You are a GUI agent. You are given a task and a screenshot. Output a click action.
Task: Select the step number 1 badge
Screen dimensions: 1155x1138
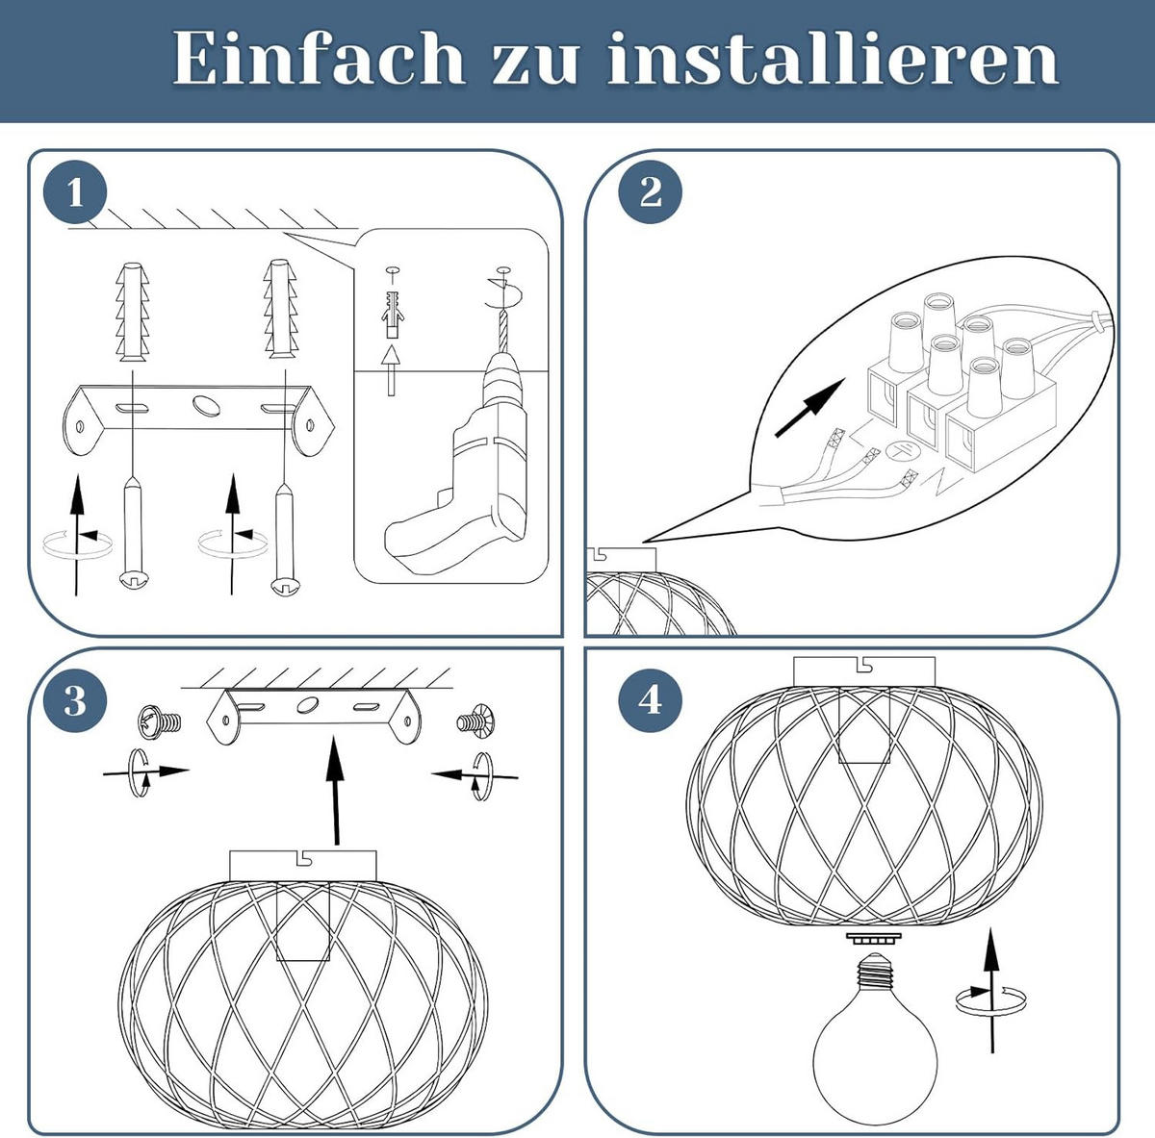click(x=75, y=193)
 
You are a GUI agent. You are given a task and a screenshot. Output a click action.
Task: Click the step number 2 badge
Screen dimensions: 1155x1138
click(x=651, y=193)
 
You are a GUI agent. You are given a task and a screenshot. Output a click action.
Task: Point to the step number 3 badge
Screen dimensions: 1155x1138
click(x=75, y=700)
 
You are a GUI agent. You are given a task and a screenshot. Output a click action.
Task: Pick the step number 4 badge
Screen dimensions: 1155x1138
click(x=651, y=700)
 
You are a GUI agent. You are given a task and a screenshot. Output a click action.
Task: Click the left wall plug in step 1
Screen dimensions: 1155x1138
click(x=132, y=312)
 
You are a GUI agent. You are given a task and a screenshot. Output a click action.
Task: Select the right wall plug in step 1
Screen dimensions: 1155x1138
click(x=280, y=309)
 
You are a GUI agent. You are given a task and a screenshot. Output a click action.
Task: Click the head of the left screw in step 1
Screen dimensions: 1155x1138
click(x=134, y=579)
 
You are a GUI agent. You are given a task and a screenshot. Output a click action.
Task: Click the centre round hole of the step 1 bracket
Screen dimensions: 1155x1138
click(x=207, y=405)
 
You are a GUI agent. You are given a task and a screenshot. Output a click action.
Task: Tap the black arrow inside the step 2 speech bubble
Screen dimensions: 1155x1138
click(x=809, y=408)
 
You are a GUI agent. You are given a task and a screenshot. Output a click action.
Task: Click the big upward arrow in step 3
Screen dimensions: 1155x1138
click(x=335, y=791)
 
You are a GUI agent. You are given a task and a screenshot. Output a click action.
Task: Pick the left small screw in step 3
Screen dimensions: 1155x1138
click(x=160, y=720)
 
